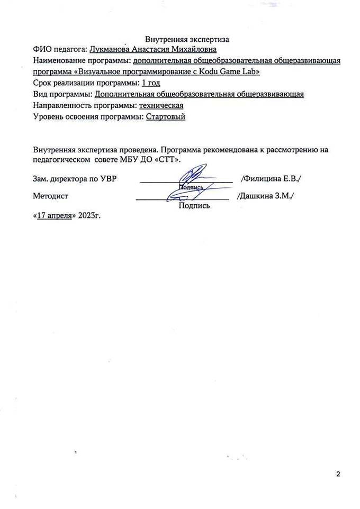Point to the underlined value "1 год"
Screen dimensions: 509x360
click(151, 83)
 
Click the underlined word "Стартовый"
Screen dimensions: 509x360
click(165, 116)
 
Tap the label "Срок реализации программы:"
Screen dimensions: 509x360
click(86, 83)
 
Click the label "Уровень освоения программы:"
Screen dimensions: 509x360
click(88, 116)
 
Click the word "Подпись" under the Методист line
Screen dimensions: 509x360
click(195, 206)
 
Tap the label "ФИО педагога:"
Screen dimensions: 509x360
click(60, 50)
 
